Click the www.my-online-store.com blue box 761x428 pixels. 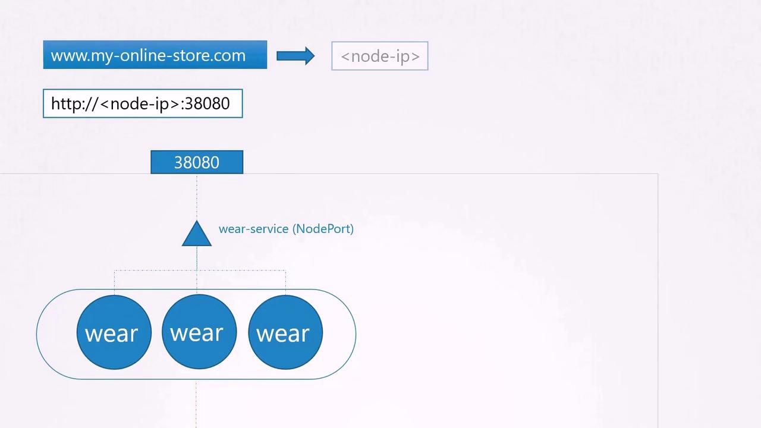point(155,55)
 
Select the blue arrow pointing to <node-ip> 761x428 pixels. point(295,56)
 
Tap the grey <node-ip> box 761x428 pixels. point(379,56)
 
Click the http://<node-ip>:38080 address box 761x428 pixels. point(143,103)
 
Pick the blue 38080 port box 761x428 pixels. point(197,162)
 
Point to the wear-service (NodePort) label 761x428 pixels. point(286,229)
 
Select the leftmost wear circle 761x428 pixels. point(114,332)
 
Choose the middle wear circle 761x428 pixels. point(199,332)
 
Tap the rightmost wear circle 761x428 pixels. point(285,332)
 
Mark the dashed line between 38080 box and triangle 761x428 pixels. point(197,196)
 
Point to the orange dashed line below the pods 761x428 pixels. point(196,404)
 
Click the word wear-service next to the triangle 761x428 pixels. point(253,229)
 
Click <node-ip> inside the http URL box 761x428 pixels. point(140,103)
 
